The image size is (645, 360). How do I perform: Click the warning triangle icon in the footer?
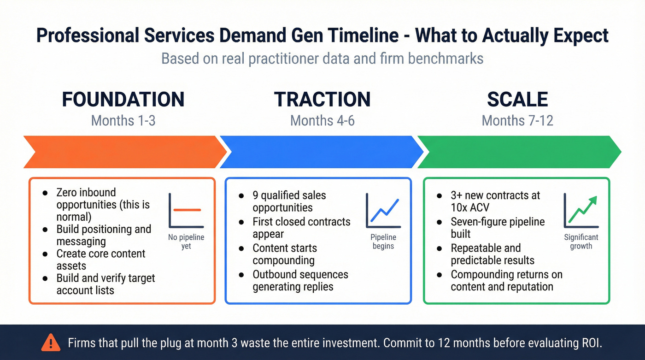[x=51, y=342]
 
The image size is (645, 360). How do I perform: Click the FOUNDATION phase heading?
[x=123, y=100]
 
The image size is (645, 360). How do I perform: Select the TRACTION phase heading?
[x=322, y=100]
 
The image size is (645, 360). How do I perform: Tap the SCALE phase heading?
[x=517, y=100]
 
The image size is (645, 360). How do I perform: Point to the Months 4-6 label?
[x=322, y=121]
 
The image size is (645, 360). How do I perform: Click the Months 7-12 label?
[x=517, y=121]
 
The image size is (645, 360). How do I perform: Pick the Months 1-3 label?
[x=123, y=121]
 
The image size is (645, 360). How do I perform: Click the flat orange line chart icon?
[x=186, y=211]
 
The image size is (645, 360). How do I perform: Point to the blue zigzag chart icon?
[x=383, y=211]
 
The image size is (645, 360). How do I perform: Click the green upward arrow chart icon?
[x=581, y=211]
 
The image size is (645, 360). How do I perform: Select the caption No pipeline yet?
[x=186, y=242]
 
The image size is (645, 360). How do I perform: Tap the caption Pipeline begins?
[x=383, y=242]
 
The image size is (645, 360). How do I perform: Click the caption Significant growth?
[x=581, y=242]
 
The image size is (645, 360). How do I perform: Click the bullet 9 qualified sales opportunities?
[x=289, y=201]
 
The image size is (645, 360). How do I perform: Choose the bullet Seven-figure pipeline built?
[x=497, y=228]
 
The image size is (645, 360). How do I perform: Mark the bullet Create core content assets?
[x=100, y=260]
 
